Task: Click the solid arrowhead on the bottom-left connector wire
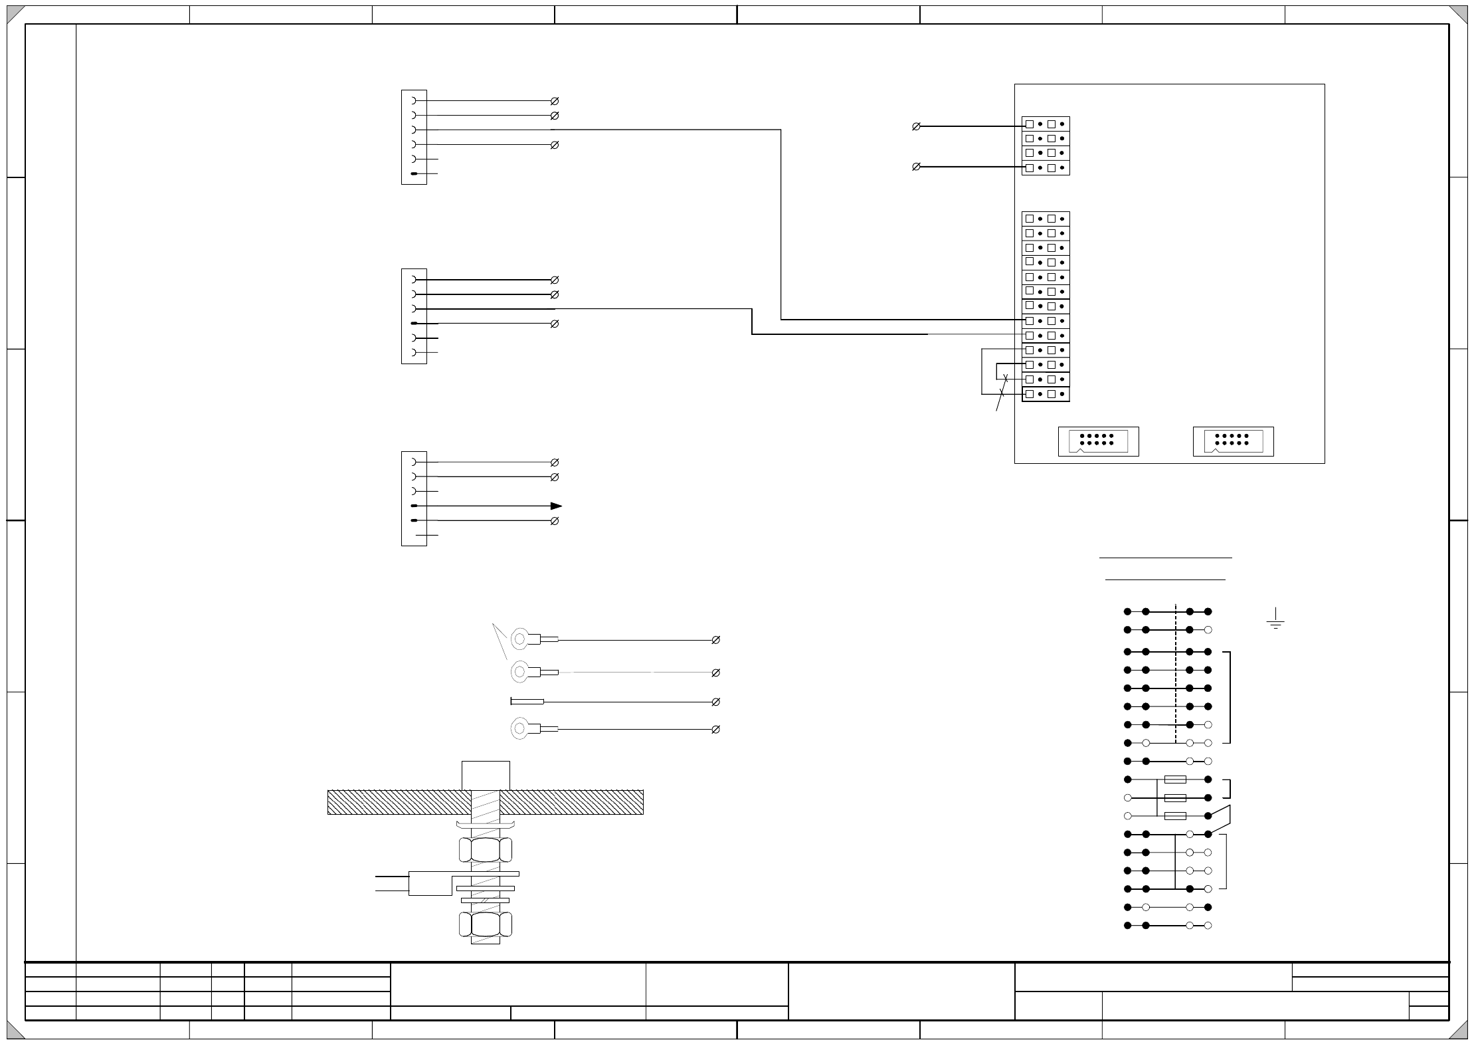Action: tap(556, 506)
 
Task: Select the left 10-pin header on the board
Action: tap(1098, 441)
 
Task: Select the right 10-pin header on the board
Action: tap(1233, 441)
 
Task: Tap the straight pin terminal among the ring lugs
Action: tap(527, 701)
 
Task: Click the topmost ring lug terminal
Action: tap(521, 639)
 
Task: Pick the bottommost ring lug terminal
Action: tap(521, 729)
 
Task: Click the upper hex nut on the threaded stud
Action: tap(485, 849)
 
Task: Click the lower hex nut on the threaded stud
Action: tap(485, 924)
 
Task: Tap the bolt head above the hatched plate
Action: tap(486, 775)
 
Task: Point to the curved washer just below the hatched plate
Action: tap(485, 825)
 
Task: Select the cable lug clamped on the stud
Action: tap(430, 883)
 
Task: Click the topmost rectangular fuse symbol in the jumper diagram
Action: tap(1175, 780)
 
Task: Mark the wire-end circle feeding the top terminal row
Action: tap(916, 126)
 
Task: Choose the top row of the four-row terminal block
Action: tap(1046, 124)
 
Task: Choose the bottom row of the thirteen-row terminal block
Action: tap(1046, 394)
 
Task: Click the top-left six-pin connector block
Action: tap(414, 137)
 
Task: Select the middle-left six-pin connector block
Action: tap(414, 316)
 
